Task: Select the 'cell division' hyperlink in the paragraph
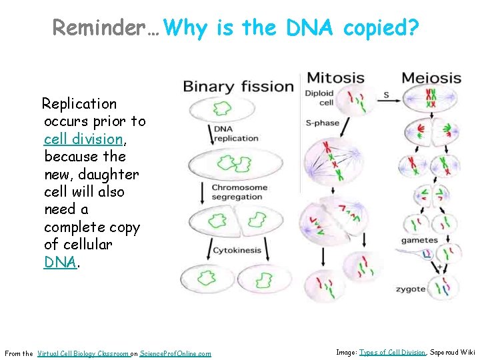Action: (83, 139)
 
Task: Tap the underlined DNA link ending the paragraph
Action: (61, 262)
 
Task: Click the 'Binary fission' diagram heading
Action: (238, 86)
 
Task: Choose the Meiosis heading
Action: (431, 78)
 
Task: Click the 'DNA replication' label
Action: (235, 133)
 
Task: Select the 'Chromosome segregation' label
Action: (239, 192)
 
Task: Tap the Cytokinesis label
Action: (236, 250)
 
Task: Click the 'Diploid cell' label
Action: (319, 98)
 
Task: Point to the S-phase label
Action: (322, 123)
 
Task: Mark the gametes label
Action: (419, 240)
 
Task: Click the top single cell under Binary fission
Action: (220, 108)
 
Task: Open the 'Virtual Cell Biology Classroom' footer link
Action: (83, 353)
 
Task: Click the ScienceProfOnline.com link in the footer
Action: (175, 353)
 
